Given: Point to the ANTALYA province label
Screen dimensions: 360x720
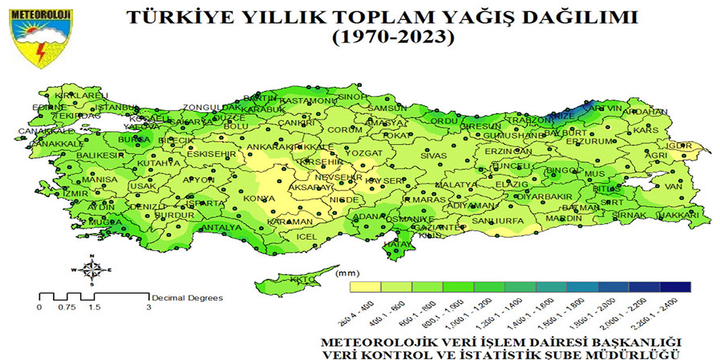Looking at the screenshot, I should (220, 227).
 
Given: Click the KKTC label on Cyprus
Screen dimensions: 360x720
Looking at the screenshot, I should (301, 279).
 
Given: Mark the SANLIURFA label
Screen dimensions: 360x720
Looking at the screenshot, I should (498, 221).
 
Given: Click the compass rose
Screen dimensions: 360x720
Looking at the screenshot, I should (92, 270).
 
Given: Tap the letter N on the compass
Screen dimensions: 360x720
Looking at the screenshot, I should (92, 256).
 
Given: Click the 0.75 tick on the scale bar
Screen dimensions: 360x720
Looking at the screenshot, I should (67, 307).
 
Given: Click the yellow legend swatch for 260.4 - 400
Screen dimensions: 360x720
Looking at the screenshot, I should (365, 287).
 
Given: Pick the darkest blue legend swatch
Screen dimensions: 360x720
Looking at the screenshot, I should (676, 287).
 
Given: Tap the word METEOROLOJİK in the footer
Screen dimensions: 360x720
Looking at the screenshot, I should (365, 341).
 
